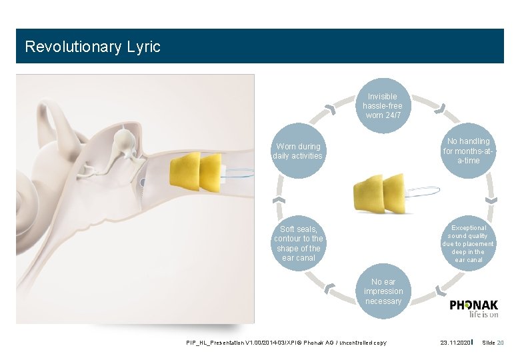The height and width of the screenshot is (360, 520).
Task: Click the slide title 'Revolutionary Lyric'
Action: pyautogui.click(x=92, y=47)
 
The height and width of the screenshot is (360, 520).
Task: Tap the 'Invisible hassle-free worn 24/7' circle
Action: pyautogui.click(x=383, y=106)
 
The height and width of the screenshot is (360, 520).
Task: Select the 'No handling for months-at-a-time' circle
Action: pyautogui.click(x=468, y=151)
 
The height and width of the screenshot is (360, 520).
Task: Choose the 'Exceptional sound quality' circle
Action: pyautogui.click(x=468, y=243)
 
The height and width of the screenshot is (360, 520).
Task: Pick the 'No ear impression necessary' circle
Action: pyautogui.click(x=383, y=291)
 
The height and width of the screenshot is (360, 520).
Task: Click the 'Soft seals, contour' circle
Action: pyautogui.click(x=298, y=243)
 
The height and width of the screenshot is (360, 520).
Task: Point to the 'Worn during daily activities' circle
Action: pyautogui.click(x=298, y=151)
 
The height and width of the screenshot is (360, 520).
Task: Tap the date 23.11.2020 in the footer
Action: pyautogui.click(x=455, y=343)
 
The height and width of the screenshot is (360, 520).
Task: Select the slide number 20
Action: pyautogui.click(x=500, y=343)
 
